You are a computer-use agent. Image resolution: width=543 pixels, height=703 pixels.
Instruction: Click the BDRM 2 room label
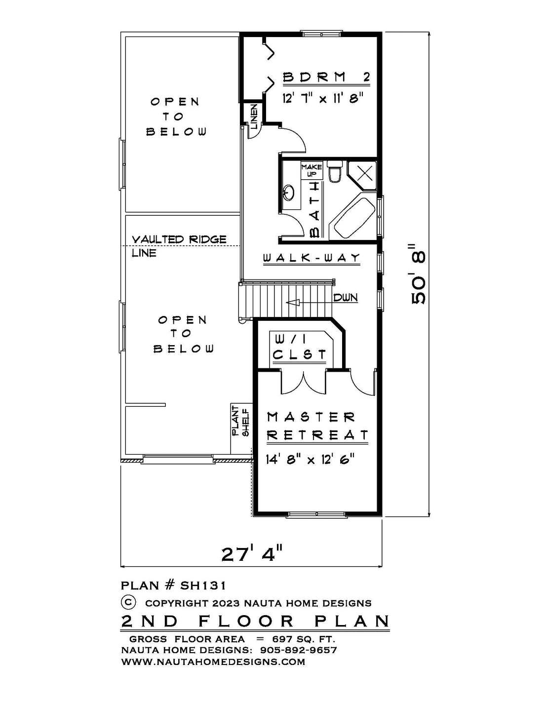click(326, 78)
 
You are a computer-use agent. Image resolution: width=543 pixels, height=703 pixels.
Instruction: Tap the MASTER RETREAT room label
click(317, 426)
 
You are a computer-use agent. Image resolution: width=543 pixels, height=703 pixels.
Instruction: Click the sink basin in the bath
click(288, 193)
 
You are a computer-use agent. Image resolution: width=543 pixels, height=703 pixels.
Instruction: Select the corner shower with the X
click(362, 174)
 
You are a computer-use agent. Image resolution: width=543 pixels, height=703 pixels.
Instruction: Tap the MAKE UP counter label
click(312, 170)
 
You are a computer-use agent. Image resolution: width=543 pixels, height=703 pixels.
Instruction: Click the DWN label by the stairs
click(346, 297)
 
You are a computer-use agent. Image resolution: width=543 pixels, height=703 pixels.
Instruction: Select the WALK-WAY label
click(311, 258)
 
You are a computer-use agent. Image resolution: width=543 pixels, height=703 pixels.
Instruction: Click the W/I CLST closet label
click(300, 348)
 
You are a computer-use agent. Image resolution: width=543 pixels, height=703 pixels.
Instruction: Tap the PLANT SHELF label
click(241, 422)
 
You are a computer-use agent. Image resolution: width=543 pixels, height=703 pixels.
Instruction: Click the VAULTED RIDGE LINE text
click(179, 246)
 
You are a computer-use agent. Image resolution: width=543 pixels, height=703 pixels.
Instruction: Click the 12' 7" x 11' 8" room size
click(323, 97)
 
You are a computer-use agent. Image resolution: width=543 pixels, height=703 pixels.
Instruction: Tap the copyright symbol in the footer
click(128, 602)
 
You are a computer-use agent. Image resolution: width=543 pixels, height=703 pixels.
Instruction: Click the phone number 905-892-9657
click(298, 650)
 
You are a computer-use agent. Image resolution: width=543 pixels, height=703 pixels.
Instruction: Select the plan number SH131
click(203, 585)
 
